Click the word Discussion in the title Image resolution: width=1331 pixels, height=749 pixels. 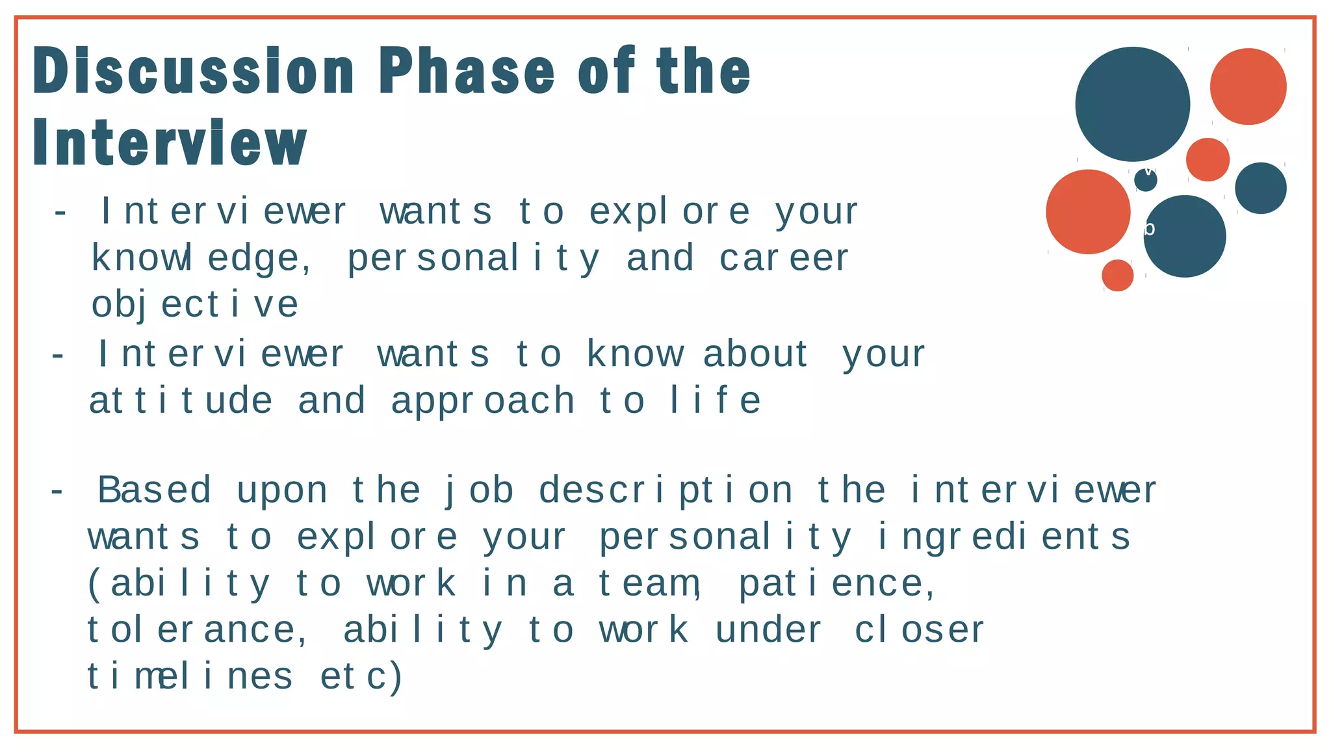click(x=193, y=71)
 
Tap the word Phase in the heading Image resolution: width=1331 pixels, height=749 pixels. click(x=467, y=71)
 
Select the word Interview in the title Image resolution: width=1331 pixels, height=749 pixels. click(x=170, y=143)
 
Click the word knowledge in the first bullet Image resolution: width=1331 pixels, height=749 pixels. click(x=201, y=258)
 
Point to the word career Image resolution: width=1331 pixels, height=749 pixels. click(x=783, y=258)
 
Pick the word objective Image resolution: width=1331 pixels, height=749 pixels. click(x=195, y=304)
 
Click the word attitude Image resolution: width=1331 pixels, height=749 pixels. click(x=180, y=401)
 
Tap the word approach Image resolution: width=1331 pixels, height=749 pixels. click(x=482, y=401)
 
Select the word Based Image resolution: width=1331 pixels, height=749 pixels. click(x=155, y=490)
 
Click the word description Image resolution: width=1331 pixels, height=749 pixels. click(x=665, y=490)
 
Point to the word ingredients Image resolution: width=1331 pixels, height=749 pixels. click(x=1004, y=537)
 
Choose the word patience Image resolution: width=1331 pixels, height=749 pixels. click(x=837, y=583)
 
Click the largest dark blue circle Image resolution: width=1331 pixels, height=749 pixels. click(x=1132, y=104)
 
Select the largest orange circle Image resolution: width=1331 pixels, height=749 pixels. click(x=1088, y=212)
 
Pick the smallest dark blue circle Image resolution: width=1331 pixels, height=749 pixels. click(x=1146, y=180)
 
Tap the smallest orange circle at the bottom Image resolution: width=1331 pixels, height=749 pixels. click(x=1117, y=275)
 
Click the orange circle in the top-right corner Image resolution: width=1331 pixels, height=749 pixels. click(x=1248, y=86)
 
